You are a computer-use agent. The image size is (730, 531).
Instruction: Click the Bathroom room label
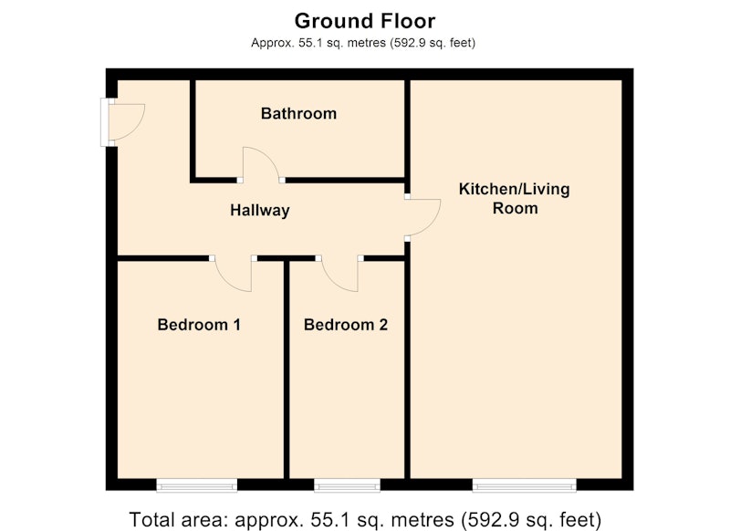tap(298, 113)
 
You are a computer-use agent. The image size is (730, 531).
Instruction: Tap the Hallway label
tap(260, 211)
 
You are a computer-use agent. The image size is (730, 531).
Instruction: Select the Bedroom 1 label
tap(199, 325)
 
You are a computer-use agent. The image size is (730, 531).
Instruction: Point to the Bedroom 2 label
tap(346, 325)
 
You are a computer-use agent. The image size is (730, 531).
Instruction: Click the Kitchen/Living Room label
tap(515, 198)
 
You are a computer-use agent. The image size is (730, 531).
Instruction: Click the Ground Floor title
tap(365, 21)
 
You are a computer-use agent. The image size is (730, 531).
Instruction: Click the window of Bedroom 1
tap(196, 486)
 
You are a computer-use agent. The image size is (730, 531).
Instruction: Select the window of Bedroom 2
tap(348, 486)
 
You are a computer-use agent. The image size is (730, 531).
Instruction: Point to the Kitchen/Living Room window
tap(524, 486)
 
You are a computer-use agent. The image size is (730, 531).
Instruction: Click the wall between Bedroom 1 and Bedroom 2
tap(287, 370)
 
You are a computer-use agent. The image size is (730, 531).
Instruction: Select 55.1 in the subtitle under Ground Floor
tap(308, 43)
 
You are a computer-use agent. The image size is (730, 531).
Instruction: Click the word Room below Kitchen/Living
tap(515, 208)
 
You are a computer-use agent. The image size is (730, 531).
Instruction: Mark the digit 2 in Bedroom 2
tap(383, 325)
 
